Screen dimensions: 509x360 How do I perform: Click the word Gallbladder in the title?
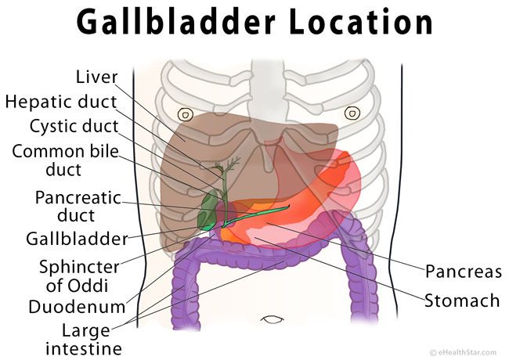click(x=176, y=22)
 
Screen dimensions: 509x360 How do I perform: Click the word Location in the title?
click(x=360, y=22)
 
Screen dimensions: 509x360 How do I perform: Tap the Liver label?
click(x=96, y=77)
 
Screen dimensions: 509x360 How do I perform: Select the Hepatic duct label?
click(x=61, y=102)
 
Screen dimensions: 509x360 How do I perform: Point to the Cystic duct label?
click(x=74, y=126)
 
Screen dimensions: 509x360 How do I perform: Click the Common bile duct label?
click(x=65, y=160)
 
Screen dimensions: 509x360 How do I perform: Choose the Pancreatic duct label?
click(x=78, y=207)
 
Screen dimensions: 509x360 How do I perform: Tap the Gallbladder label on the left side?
click(x=78, y=239)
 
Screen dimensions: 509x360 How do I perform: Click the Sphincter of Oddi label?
click(x=79, y=276)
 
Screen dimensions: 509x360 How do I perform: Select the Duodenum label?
click(x=77, y=307)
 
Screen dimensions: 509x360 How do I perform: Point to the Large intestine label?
click(x=84, y=339)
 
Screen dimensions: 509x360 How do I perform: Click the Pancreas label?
click(x=464, y=271)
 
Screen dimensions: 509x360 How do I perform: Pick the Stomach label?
click(x=462, y=301)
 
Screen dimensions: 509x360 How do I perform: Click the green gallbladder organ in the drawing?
click(x=208, y=211)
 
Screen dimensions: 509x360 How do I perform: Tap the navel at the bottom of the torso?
click(x=272, y=319)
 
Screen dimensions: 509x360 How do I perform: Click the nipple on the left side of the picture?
click(x=186, y=114)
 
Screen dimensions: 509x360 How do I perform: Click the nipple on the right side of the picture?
click(x=352, y=113)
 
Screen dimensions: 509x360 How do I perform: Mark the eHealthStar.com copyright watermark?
click(x=463, y=352)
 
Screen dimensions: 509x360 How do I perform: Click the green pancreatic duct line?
click(x=256, y=216)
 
